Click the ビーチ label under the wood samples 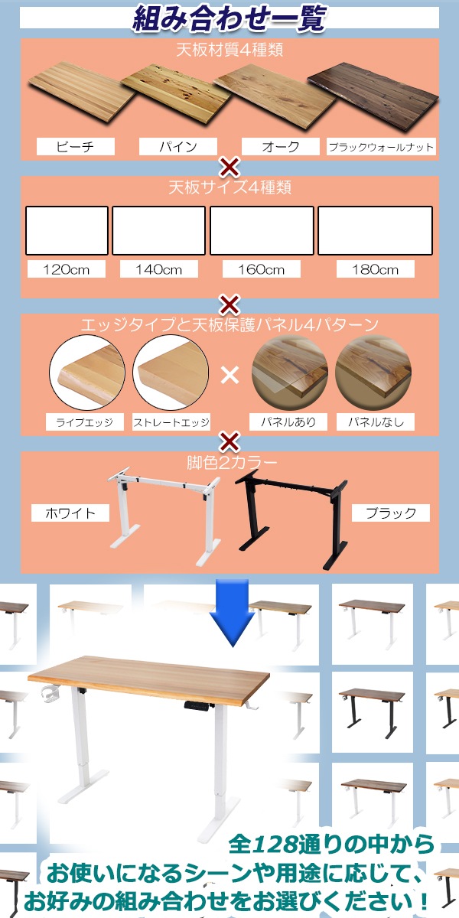coord(75,147)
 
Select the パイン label coord(177,147)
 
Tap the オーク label coord(280,147)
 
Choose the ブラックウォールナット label coord(381,147)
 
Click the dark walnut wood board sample coord(373,99)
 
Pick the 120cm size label coord(66,269)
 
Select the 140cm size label coord(159,269)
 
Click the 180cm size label coord(375,269)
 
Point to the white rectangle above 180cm coord(375,230)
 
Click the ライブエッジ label coord(85,422)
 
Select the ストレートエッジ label coord(171,422)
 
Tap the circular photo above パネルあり coord(290,374)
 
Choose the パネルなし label coord(376,422)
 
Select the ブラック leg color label coord(391,513)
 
